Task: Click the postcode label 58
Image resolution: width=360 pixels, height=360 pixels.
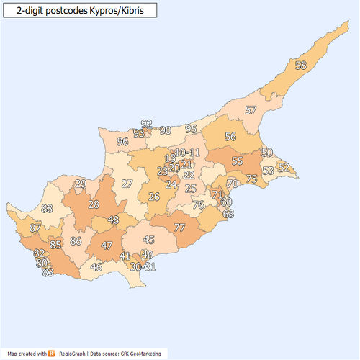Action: click(300, 66)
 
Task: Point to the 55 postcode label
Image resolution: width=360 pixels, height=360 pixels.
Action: click(237, 161)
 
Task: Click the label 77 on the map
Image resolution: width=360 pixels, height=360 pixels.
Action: click(179, 228)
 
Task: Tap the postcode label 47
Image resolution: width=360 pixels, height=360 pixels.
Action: click(107, 246)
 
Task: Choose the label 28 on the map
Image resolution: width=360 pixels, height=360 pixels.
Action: click(94, 204)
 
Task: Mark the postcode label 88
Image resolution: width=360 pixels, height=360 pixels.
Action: click(48, 209)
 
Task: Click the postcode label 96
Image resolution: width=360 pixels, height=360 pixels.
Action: click(122, 142)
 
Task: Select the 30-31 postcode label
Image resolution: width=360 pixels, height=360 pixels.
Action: click(143, 266)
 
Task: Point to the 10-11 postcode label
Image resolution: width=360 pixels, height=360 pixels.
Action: click(187, 153)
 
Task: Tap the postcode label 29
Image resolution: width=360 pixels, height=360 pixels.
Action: click(81, 184)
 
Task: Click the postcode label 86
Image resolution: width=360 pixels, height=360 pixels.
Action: click(76, 241)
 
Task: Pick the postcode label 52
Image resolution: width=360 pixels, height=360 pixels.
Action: click(284, 167)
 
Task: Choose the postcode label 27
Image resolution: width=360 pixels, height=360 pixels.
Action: click(127, 184)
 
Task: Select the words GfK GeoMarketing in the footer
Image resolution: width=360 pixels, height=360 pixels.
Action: click(143, 354)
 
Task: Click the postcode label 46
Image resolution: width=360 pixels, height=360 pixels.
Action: click(96, 267)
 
